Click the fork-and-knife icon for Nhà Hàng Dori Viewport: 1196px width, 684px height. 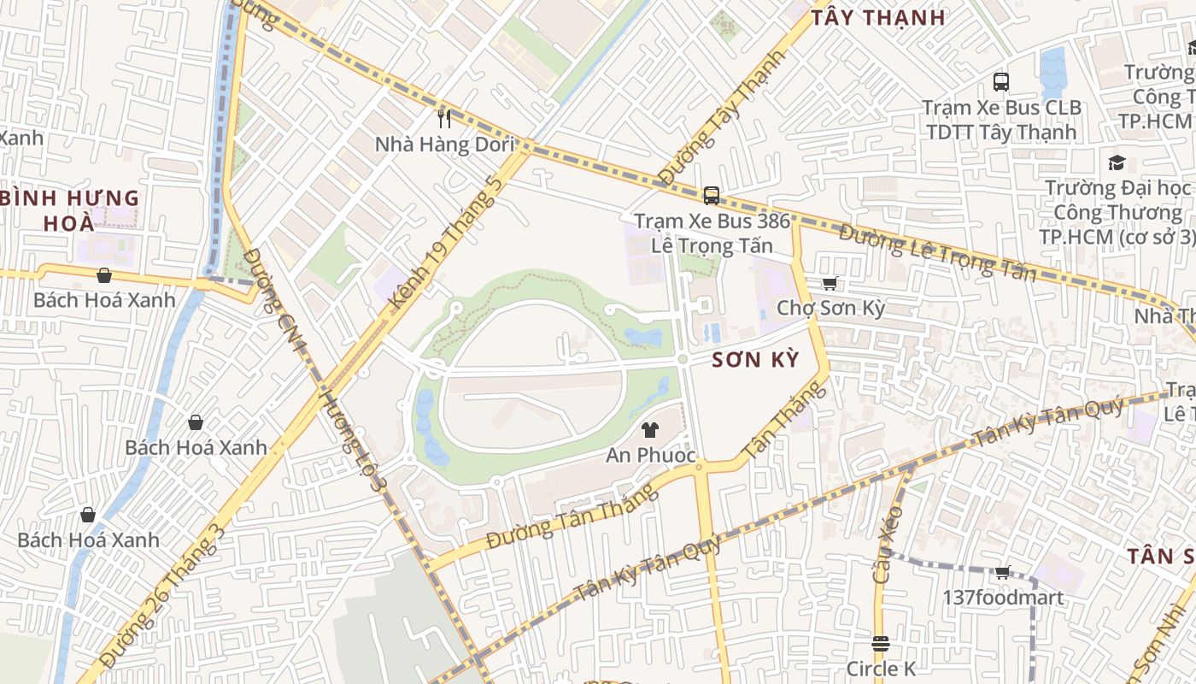(x=443, y=118)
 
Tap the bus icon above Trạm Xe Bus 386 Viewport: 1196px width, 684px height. (x=711, y=196)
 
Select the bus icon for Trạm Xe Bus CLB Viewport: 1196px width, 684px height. (x=1001, y=82)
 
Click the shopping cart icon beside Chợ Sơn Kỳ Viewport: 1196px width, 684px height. (x=829, y=283)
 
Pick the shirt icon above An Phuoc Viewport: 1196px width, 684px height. (x=650, y=430)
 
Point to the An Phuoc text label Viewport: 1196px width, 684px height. (x=651, y=455)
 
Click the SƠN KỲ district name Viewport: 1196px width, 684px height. (x=755, y=360)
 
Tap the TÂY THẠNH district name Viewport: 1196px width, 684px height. (x=877, y=18)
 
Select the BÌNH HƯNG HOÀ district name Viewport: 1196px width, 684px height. (x=70, y=210)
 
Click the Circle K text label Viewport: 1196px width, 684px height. (x=881, y=668)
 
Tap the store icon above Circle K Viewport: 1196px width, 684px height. (x=881, y=643)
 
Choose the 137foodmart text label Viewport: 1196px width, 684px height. (x=1003, y=597)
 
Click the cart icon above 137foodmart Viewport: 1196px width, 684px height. (x=1002, y=572)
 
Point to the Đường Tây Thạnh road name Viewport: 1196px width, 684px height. (x=721, y=118)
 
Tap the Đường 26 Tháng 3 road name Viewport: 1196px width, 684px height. (x=161, y=598)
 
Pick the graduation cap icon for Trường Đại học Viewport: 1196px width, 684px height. (x=1116, y=162)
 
